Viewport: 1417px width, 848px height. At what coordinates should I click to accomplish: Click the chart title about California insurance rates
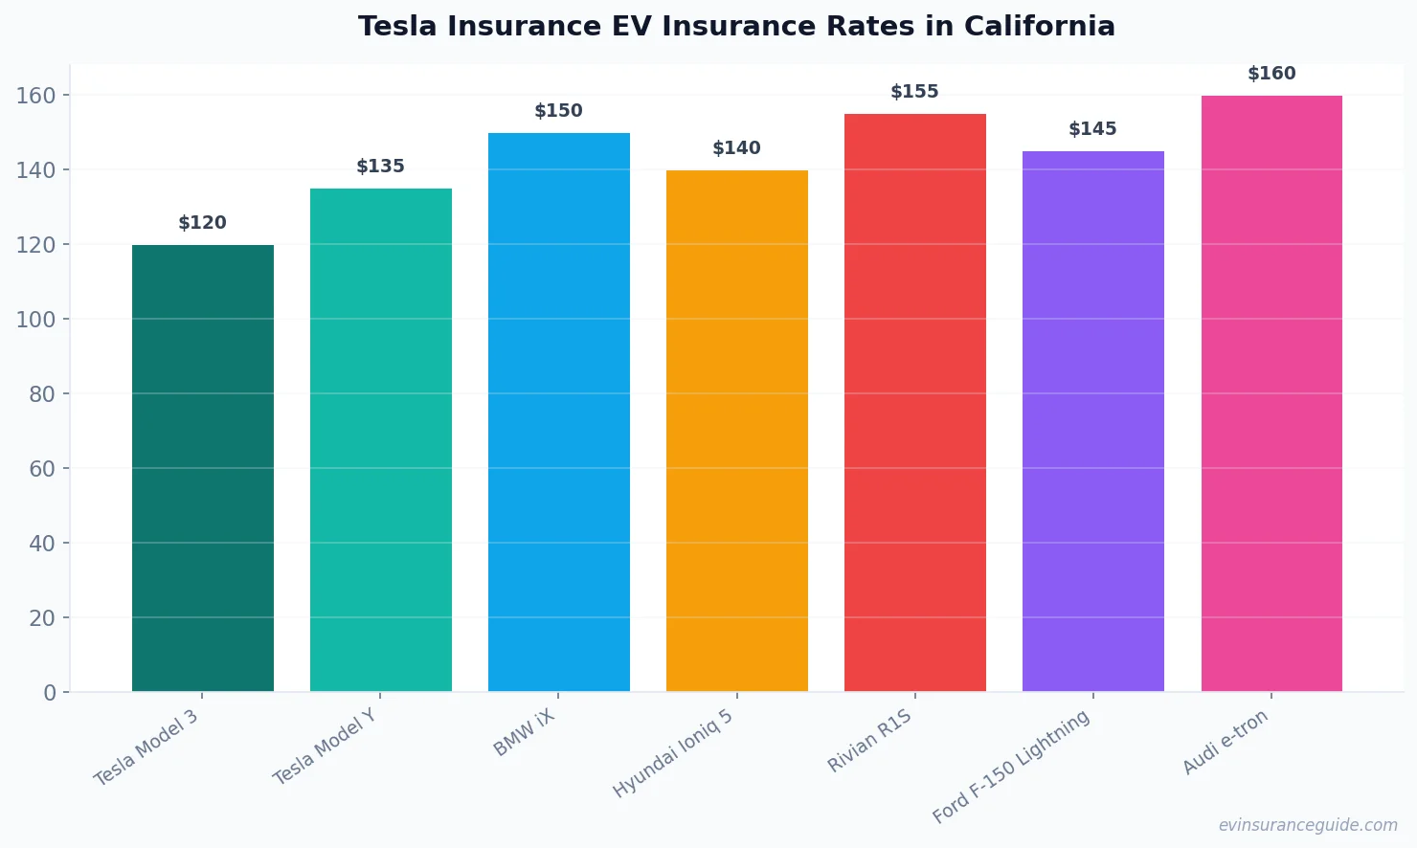pos(736,26)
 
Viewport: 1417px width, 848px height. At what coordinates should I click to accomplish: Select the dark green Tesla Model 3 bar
pos(203,468)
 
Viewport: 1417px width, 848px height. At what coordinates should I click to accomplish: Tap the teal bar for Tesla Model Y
pos(381,440)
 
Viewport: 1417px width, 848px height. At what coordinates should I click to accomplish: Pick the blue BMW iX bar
pos(559,412)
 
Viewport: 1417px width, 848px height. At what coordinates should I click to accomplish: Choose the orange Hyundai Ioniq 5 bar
pos(737,431)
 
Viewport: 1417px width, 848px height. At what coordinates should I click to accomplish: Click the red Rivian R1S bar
pos(915,402)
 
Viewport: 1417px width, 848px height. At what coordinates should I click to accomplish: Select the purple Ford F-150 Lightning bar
pos(1093,421)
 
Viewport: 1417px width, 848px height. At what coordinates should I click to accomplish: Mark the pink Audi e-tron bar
pos(1271,392)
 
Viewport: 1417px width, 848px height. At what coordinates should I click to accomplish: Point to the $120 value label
pos(203,223)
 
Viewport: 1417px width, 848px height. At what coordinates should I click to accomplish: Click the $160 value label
pos(1271,74)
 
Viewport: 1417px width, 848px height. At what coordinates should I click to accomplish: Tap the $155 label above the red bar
pos(915,92)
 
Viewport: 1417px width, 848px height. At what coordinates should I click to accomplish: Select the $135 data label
pos(381,167)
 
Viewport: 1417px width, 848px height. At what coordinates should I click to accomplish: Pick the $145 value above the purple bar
pos(1093,129)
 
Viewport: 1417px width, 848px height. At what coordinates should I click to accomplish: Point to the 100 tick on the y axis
pos(35,319)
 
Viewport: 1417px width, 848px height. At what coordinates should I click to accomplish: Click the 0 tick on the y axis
pos(50,693)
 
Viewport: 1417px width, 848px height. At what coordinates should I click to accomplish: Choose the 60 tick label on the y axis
pos(42,469)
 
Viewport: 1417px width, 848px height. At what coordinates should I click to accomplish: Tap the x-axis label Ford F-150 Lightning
pos(1011,767)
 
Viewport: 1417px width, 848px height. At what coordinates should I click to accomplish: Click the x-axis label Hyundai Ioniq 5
pos(673,754)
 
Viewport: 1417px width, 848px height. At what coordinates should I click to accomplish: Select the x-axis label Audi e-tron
pos(1226,743)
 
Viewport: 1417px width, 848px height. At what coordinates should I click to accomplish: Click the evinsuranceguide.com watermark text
pos(1308,825)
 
